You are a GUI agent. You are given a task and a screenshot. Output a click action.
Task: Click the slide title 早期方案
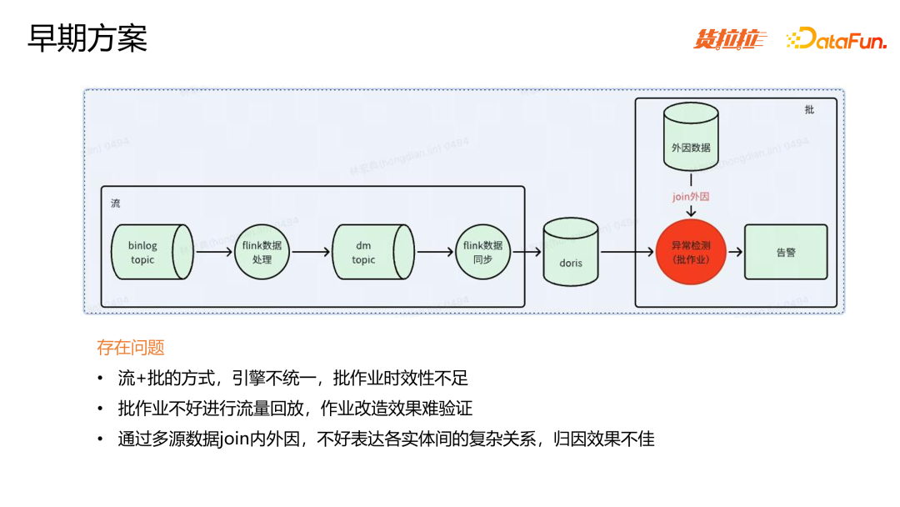click(x=87, y=38)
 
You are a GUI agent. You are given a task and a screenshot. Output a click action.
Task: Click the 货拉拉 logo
click(x=730, y=39)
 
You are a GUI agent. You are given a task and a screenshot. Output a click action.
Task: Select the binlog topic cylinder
click(x=147, y=252)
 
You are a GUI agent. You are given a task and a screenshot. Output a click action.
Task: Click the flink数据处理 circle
click(x=262, y=252)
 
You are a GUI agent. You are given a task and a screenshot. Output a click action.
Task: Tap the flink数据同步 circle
click(x=482, y=252)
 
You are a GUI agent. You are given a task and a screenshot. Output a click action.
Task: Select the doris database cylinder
click(x=571, y=252)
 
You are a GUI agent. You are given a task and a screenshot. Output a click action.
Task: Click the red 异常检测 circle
click(x=691, y=253)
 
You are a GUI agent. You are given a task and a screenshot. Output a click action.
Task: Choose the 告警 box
click(x=786, y=252)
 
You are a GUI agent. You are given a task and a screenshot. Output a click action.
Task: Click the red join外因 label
click(x=691, y=197)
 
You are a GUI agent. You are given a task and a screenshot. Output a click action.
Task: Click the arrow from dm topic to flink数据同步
click(x=434, y=252)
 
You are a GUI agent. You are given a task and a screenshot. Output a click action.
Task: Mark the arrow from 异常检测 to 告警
click(x=735, y=252)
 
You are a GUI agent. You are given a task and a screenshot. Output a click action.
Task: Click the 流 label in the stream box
click(x=115, y=203)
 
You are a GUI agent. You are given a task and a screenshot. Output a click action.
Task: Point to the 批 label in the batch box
click(x=809, y=109)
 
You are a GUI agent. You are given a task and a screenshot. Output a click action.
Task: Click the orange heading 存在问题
click(x=131, y=348)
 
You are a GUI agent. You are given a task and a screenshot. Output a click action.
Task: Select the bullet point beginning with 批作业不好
click(x=295, y=409)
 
